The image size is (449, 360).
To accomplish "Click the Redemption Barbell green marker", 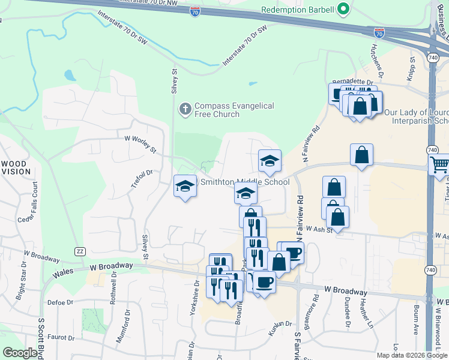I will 344,10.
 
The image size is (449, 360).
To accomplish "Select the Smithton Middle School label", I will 244,182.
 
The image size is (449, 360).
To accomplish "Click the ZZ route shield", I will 80,251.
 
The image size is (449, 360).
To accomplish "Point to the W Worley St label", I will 140,144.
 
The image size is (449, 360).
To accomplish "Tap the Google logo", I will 20,353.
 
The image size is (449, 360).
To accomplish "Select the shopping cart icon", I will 439,164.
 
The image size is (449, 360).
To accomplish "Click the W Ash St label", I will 319,229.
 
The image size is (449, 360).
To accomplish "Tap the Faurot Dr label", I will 60,338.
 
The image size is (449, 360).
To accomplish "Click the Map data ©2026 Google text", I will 412,355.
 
